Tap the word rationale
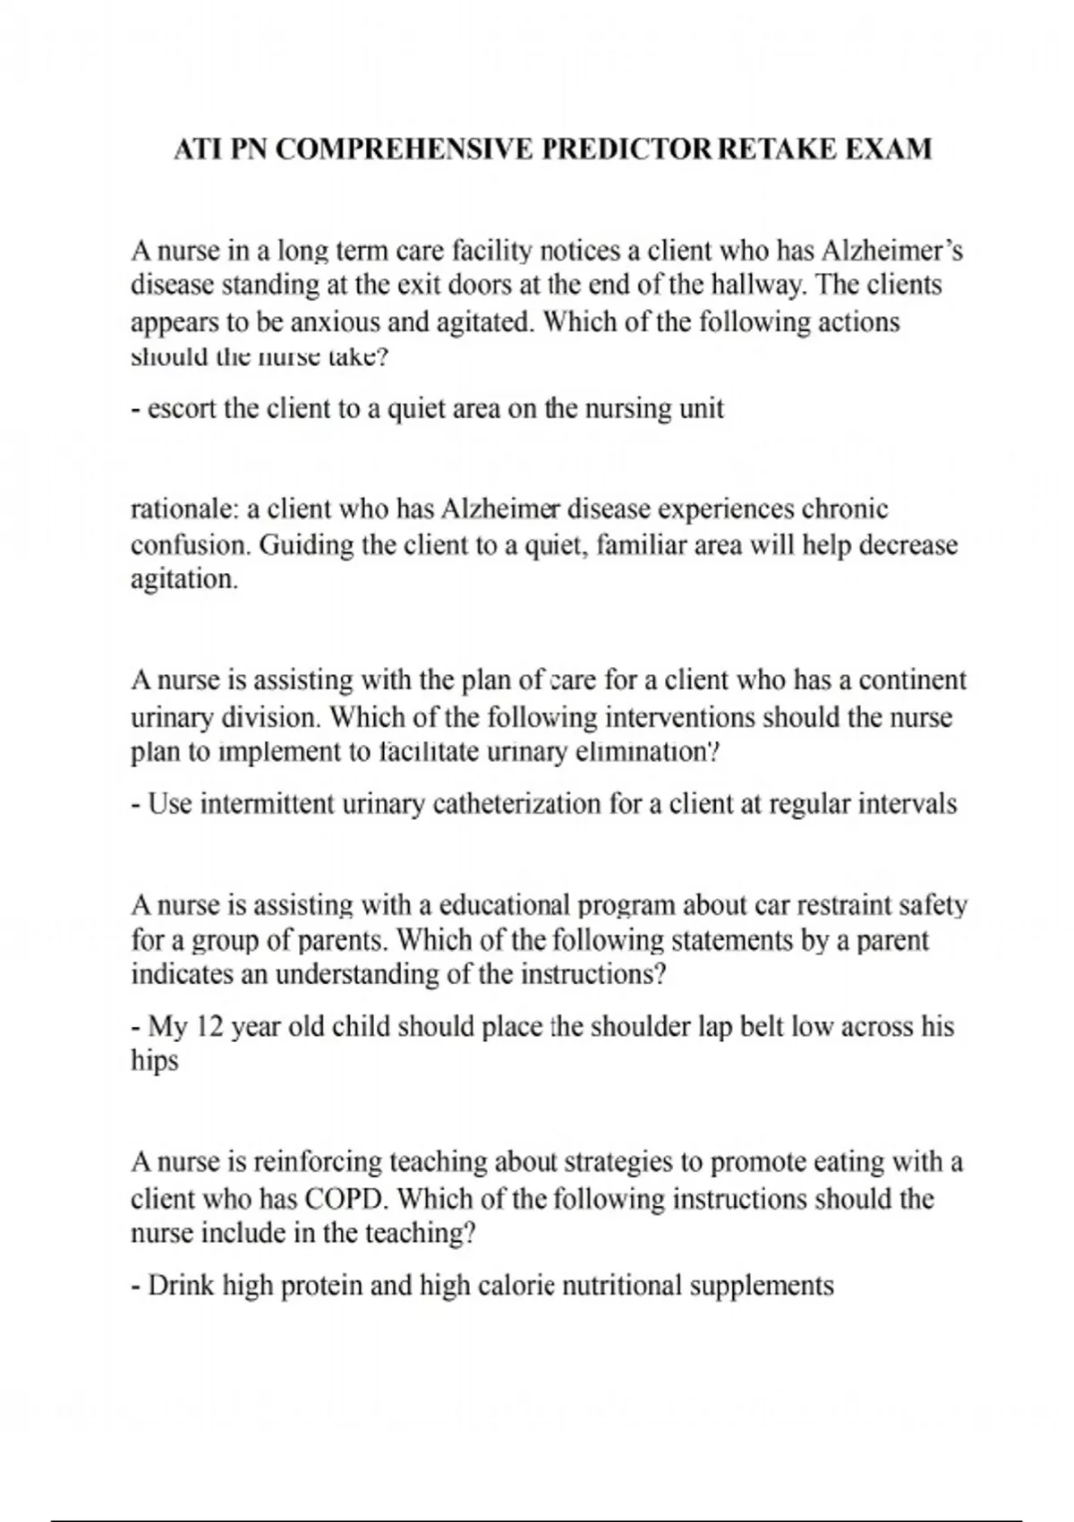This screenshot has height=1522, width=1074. [x=184, y=509]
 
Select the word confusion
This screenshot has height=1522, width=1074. [x=190, y=545]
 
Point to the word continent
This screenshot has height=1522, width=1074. [x=913, y=680]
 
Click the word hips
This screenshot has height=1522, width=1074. [x=154, y=1062]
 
